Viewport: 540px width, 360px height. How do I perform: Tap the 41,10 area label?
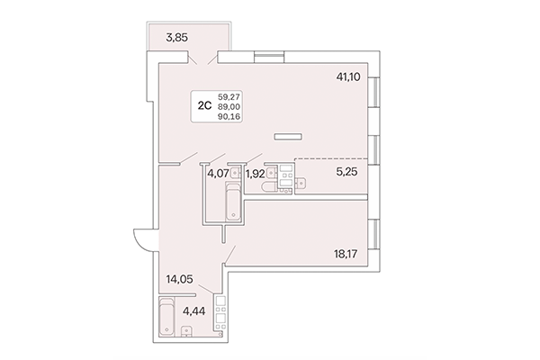349,78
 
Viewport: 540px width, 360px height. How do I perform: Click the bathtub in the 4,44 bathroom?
167,316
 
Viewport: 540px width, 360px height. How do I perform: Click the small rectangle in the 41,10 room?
288,137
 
